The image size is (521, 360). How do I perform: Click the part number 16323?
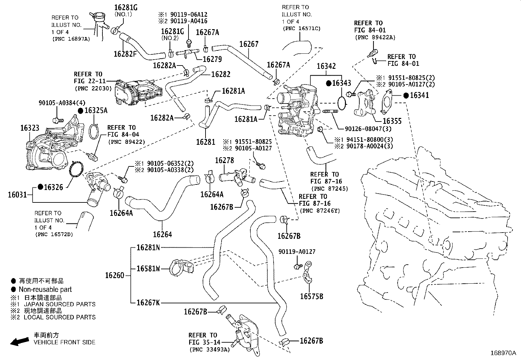30,128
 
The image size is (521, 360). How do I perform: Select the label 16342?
326,66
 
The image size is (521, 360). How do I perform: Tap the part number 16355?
392,121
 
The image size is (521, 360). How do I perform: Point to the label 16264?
162,234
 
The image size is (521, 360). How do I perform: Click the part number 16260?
115,275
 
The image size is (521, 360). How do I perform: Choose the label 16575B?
312,296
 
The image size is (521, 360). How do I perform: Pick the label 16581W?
148,269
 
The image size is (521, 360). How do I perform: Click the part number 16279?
212,59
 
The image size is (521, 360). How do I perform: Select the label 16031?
17,195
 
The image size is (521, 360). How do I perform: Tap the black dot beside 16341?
406,96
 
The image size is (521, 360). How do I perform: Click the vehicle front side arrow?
19,342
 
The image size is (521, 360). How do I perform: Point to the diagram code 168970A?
503,353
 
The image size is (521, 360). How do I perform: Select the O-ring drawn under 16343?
342,103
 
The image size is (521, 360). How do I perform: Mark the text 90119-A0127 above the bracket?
297,252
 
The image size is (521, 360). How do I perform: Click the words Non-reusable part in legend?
45,290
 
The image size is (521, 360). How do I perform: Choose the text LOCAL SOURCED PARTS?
60,317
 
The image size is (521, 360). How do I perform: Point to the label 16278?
225,161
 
